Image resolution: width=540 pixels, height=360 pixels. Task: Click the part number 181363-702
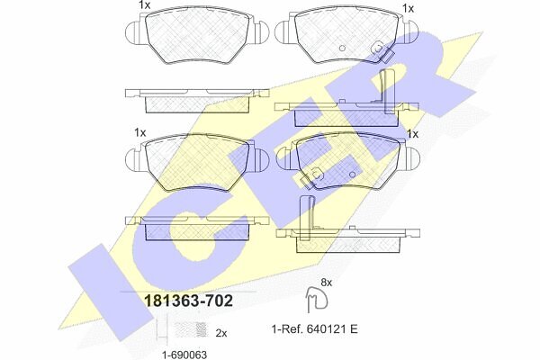[189, 301]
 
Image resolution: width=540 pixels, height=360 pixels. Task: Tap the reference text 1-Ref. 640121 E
[315, 329]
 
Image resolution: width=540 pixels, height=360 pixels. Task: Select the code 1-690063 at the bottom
[184, 355]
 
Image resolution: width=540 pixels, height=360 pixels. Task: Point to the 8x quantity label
[326, 283]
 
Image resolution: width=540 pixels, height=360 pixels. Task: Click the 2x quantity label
[221, 333]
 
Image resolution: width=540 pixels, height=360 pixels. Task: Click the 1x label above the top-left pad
[145, 5]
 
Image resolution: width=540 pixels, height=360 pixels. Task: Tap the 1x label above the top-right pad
[408, 9]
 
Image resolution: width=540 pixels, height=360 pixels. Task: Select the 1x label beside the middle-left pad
[140, 132]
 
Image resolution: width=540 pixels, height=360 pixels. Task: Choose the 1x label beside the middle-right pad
[412, 133]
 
